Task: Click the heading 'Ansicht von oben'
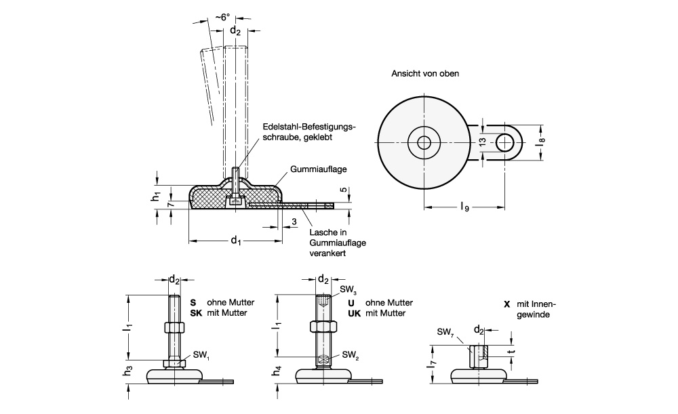point(424,73)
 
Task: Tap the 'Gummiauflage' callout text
point(315,169)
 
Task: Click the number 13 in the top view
point(482,142)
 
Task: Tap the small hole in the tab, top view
point(504,142)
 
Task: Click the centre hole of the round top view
point(424,142)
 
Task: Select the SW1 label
point(201,354)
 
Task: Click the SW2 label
point(351,354)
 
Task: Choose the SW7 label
point(445,331)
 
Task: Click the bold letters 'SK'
point(195,313)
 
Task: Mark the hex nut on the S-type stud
point(174,328)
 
